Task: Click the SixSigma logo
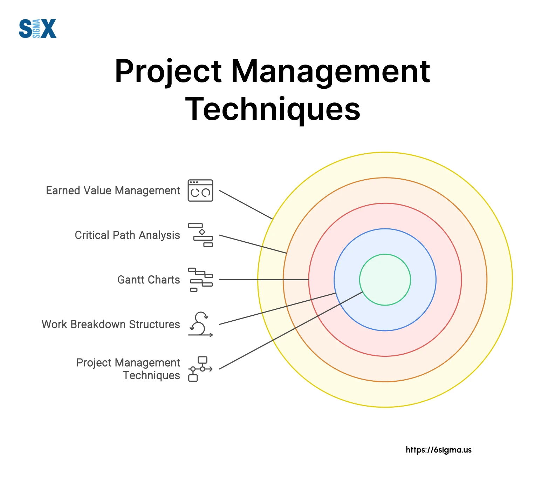[x=37, y=28]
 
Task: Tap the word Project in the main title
[x=169, y=72]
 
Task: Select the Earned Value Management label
[x=113, y=190]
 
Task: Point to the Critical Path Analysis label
[x=128, y=235]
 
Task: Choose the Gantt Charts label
[x=149, y=280]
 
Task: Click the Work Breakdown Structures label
[x=111, y=324]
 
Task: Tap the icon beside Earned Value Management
[x=200, y=190]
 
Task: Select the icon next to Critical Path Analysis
[x=200, y=235]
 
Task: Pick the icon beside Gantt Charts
[x=200, y=280]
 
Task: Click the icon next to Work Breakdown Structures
[x=200, y=324]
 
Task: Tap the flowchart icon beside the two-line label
[x=200, y=369]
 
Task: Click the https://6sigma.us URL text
[x=439, y=450]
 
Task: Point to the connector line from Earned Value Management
[x=246, y=205]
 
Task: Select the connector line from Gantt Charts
[x=264, y=280]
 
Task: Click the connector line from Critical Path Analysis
[x=253, y=244]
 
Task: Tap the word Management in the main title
[x=330, y=72]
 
